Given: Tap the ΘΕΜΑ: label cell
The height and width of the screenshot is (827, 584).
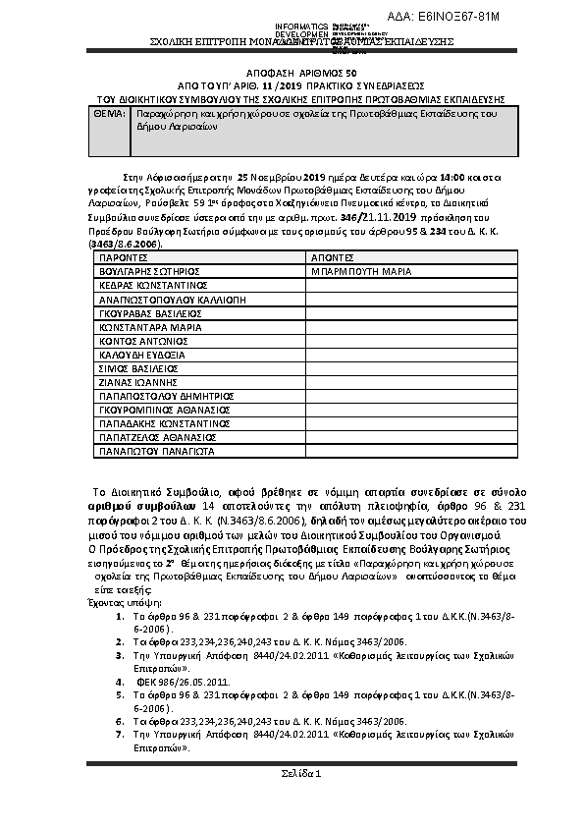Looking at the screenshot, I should point(109,115).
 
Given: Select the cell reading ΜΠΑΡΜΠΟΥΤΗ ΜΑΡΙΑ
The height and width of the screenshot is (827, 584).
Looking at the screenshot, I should point(360,269).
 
